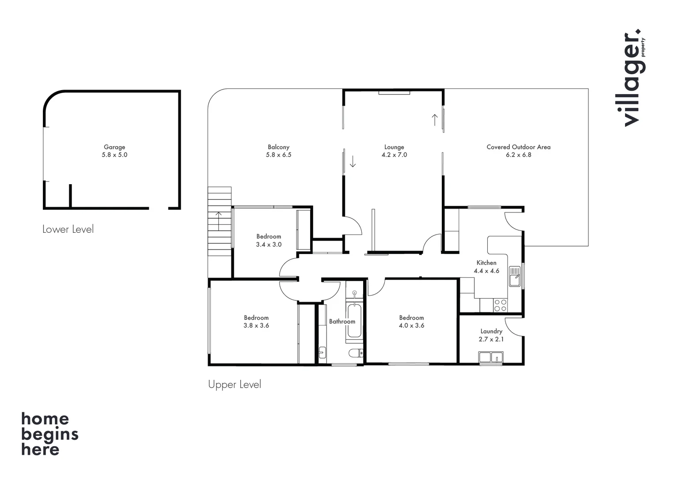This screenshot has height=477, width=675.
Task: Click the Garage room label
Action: (x=114, y=147)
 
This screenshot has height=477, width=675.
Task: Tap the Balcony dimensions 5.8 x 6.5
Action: (x=278, y=155)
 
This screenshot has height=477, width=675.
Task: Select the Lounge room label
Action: (x=394, y=147)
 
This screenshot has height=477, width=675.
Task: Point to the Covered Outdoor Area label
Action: (x=518, y=147)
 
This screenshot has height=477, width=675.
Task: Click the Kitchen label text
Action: (x=486, y=263)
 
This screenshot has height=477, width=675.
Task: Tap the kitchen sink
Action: (x=514, y=276)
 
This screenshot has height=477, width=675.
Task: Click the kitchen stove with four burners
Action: (x=501, y=305)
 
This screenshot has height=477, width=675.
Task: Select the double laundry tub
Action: (x=491, y=357)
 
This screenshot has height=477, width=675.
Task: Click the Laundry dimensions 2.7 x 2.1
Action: (x=491, y=339)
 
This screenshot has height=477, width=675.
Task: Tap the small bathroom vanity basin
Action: (x=322, y=352)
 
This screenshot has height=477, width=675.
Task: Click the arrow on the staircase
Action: (x=219, y=220)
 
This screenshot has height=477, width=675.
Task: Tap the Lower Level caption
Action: (x=68, y=229)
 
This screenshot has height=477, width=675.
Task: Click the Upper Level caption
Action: (x=235, y=385)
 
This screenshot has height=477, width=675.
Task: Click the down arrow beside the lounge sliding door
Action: (x=353, y=162)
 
